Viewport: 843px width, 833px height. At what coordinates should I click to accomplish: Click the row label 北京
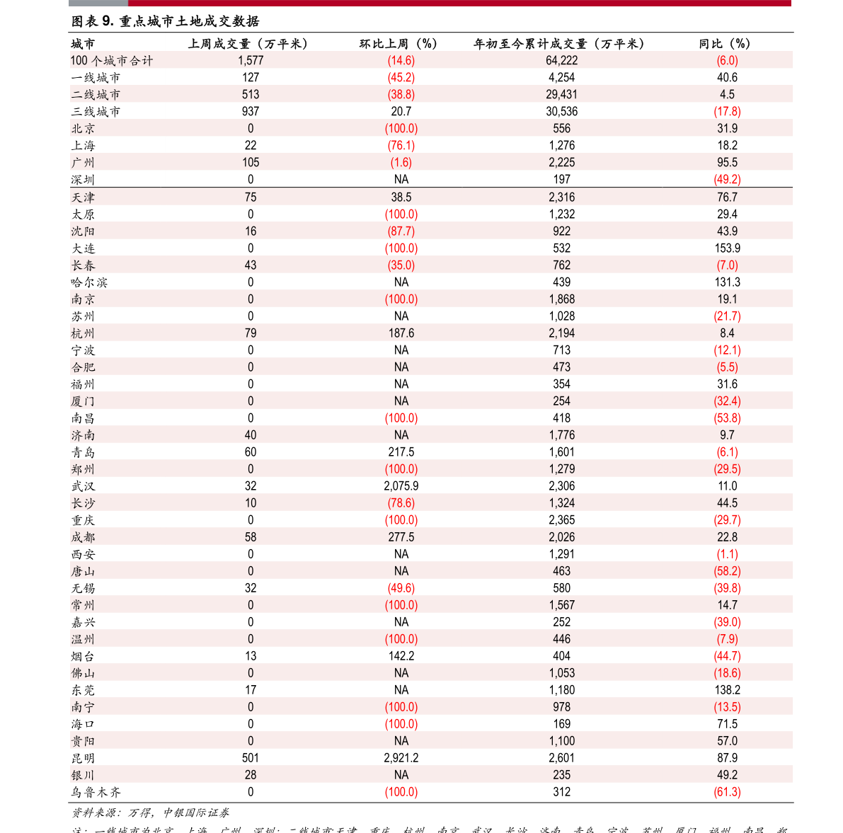point(83,129)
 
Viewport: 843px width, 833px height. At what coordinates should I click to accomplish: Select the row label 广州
point(83,163)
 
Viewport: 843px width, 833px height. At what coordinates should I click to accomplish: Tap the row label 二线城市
point(96,95)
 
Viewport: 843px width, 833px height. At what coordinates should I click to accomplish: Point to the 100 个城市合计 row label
point(111,61)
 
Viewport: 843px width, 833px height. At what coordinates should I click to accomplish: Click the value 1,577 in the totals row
point(251,61)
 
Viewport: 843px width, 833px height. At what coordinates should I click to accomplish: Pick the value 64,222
point(561,61)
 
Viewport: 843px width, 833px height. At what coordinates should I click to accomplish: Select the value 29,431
point(561,95)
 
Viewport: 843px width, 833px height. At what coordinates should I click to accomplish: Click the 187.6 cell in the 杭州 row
point(401,333)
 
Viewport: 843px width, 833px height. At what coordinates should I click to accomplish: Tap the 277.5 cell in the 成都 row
point(401,537)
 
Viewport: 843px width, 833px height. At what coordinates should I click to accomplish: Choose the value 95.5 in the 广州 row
point(727,163)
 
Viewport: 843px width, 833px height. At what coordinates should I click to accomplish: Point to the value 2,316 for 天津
point(561,197)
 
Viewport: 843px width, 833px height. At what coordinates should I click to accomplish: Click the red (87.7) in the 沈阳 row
point(401,231)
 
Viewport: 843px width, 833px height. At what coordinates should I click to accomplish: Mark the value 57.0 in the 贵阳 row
point(727,741)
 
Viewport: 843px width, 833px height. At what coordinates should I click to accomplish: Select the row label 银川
point(83,775)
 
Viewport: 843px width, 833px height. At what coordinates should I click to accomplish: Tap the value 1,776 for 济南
point(561,435)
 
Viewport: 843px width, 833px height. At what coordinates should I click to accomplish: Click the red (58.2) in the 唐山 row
point(727,571)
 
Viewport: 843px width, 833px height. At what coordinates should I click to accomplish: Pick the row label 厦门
point(83,401)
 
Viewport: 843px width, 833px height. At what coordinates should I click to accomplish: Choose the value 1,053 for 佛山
point(561,673)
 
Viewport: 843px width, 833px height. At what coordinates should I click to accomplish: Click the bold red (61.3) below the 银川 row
point(727,792)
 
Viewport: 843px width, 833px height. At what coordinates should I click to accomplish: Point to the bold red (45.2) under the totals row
point(401,78)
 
